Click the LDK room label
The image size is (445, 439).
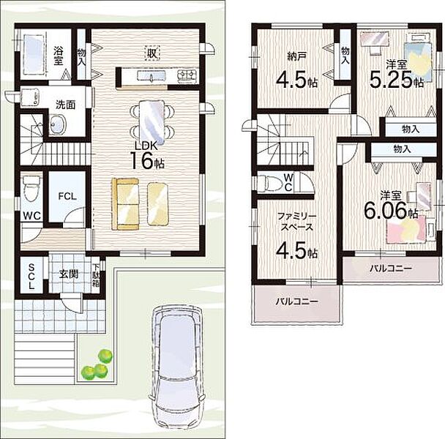(x=146, y=146)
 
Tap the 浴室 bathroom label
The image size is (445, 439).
(x=58, y=56)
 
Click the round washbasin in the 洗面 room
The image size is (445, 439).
(x=58, y=124)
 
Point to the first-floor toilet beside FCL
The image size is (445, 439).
(x=30, y=189)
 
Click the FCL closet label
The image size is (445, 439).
(x=67, y=196)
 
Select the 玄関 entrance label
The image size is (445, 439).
(x=69, y=274)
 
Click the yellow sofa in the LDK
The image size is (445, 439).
(x=125, y=203)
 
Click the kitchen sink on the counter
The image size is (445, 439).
(x=152, y=76)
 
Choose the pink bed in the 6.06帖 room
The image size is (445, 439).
(x=407, y=229)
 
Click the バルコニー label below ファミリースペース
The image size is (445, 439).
(x=297, y=301)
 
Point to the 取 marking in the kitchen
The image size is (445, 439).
(x=152, y=53)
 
